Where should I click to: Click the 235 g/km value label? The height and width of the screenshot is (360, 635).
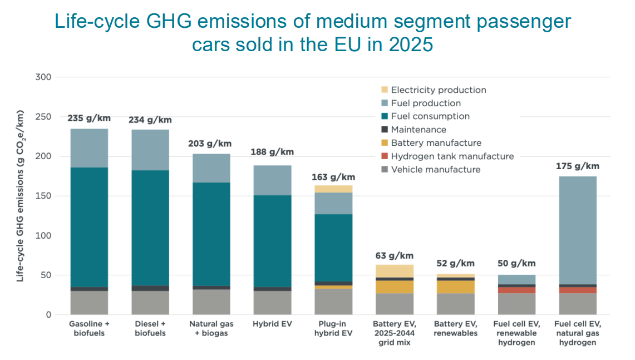[x=88, y=118]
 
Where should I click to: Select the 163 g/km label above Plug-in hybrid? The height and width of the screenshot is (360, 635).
[x=333, y=177]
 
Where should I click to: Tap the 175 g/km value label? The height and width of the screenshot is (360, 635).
[x=577, y=166]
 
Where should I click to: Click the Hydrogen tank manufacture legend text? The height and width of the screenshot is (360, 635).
[x=452, y=156]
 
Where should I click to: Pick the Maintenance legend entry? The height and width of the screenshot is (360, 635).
[x=419, y=130]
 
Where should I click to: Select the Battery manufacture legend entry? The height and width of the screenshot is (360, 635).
[x=436, y=143]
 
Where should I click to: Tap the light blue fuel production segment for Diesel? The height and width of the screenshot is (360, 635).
[x=150, y=150]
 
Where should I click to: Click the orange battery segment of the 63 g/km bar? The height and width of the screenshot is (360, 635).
[x=395, y=287]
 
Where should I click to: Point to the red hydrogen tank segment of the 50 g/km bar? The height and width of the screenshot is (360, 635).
[x=516, y=290]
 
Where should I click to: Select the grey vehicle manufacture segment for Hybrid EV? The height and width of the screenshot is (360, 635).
[x=272, y=303]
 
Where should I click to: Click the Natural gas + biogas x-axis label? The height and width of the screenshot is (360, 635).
[x=211, y=328]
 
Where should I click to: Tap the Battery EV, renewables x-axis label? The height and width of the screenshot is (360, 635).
[x=456, y=328]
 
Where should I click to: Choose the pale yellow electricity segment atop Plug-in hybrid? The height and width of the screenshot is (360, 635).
[x=333, y=189]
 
